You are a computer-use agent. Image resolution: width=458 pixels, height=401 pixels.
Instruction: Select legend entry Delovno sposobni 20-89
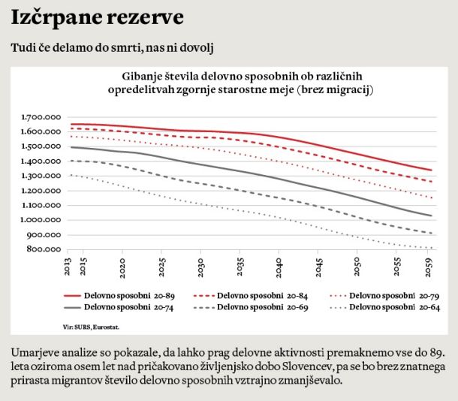click(122, 295)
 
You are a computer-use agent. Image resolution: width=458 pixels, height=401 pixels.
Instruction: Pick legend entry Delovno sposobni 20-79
click(391, 295)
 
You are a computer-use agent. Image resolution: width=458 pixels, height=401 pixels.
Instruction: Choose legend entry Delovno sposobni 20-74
click(122, 307)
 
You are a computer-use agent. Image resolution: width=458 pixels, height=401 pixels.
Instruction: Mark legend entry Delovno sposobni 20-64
click(391, 307)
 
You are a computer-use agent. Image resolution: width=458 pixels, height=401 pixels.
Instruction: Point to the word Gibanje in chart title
click(142, 77)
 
